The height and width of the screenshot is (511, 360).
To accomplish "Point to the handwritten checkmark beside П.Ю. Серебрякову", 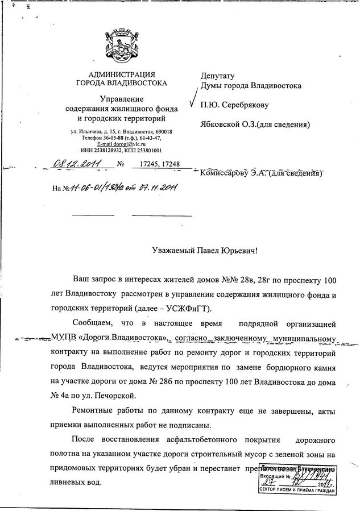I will (x=192, y=102).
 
